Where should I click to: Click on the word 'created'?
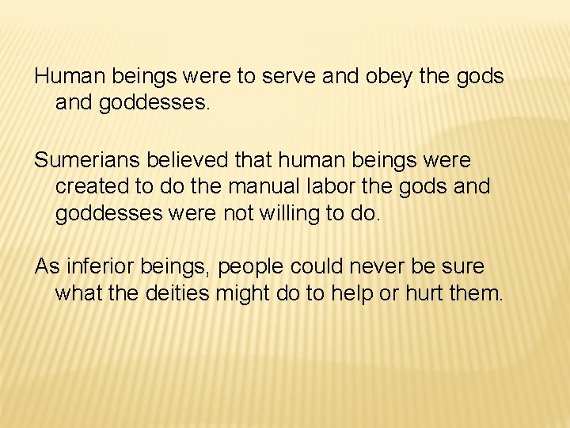click(x=88, y=187)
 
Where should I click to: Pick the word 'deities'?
click(x=174, y=293)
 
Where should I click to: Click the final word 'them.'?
click(x=477, y=293)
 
